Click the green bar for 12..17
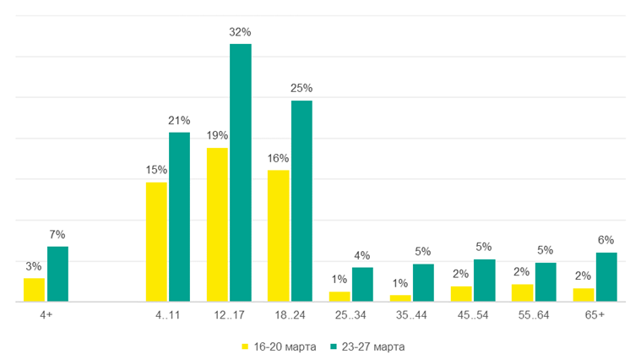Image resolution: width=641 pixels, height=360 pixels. click(241, 172)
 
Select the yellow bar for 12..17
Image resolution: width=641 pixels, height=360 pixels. click(217, 225)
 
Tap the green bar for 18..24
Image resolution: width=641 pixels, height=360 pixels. click(301, 201)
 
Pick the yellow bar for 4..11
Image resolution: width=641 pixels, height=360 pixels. click(156, 242)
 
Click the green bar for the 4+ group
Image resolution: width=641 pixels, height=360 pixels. click(57, 274)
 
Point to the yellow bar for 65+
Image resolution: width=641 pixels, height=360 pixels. click(583, 295)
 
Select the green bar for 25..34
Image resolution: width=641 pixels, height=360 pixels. click(362, 284)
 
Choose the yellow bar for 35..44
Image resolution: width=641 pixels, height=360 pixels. click(400, 298)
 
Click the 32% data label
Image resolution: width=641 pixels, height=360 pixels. click(241, 32)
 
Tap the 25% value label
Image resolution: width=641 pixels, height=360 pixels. click(301, 88)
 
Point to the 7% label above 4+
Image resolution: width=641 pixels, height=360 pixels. click(57, 234)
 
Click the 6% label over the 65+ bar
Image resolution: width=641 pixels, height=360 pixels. click(606, 240)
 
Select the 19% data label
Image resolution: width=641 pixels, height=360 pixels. click(217, 135)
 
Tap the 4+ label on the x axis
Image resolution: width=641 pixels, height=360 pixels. click(46, 314)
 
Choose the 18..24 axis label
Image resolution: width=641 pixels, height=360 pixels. click(290, 314)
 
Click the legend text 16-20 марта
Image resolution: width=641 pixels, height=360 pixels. click(285, 346)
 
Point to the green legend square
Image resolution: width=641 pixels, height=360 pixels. click(334, 346)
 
